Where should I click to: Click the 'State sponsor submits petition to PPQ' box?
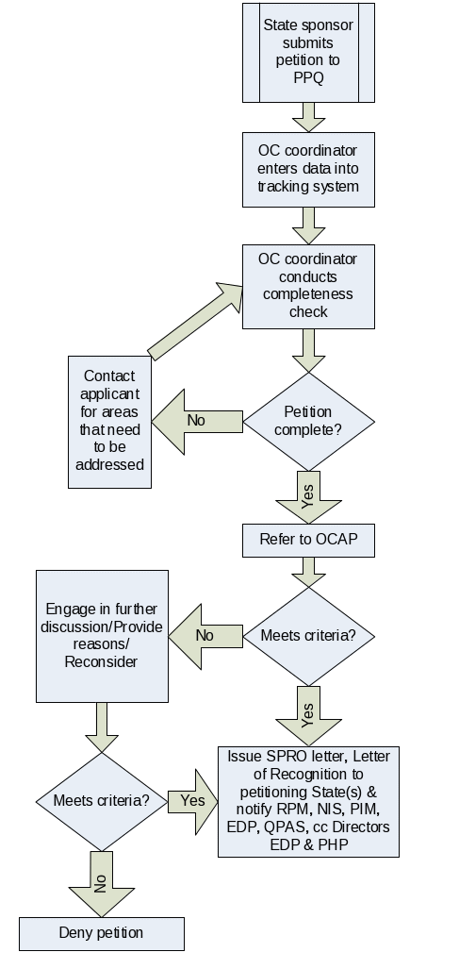point(308,53)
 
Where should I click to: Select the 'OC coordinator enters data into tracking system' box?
point(308,169)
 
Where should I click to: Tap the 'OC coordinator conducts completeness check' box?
point(308,286)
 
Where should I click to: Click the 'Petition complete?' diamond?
point(308,422)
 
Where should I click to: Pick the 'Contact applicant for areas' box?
point(110,422)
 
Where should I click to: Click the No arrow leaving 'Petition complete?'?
point(197,422)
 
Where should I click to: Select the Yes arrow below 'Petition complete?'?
point(308,497)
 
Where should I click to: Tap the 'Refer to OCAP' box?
point(308,541)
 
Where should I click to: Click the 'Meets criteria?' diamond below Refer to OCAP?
point(308,636)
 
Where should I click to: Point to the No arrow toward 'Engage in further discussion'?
point(205,637)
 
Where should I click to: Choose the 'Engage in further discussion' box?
point(103,636)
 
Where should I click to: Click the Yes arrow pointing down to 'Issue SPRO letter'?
point(308,715)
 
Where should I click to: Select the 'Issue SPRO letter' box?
point(308,802)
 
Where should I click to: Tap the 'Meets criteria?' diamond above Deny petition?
point(102,802)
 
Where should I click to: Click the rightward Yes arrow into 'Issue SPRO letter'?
point(192,802)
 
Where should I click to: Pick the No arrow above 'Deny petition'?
point(102,884)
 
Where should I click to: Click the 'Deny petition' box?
point(102,934)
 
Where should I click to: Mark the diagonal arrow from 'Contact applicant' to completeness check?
point(195,322)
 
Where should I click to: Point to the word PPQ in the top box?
point(308,78)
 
